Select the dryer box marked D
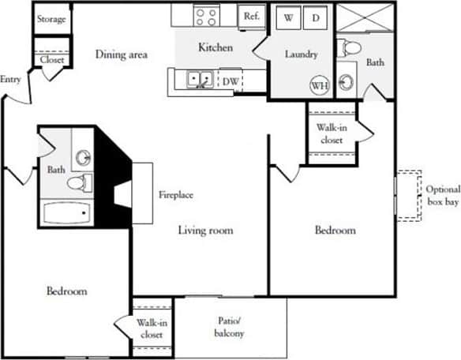314,17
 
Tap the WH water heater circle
320,84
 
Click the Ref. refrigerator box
252,15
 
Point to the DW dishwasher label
230,80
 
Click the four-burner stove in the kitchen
206,16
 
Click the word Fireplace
176,194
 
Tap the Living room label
205,231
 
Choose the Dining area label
122,54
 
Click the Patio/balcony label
230,327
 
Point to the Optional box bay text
443,196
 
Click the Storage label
52,18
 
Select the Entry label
11,78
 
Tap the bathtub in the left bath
66,214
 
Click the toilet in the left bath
78,184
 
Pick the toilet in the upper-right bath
349,49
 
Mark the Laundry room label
302,54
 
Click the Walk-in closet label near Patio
150,328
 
